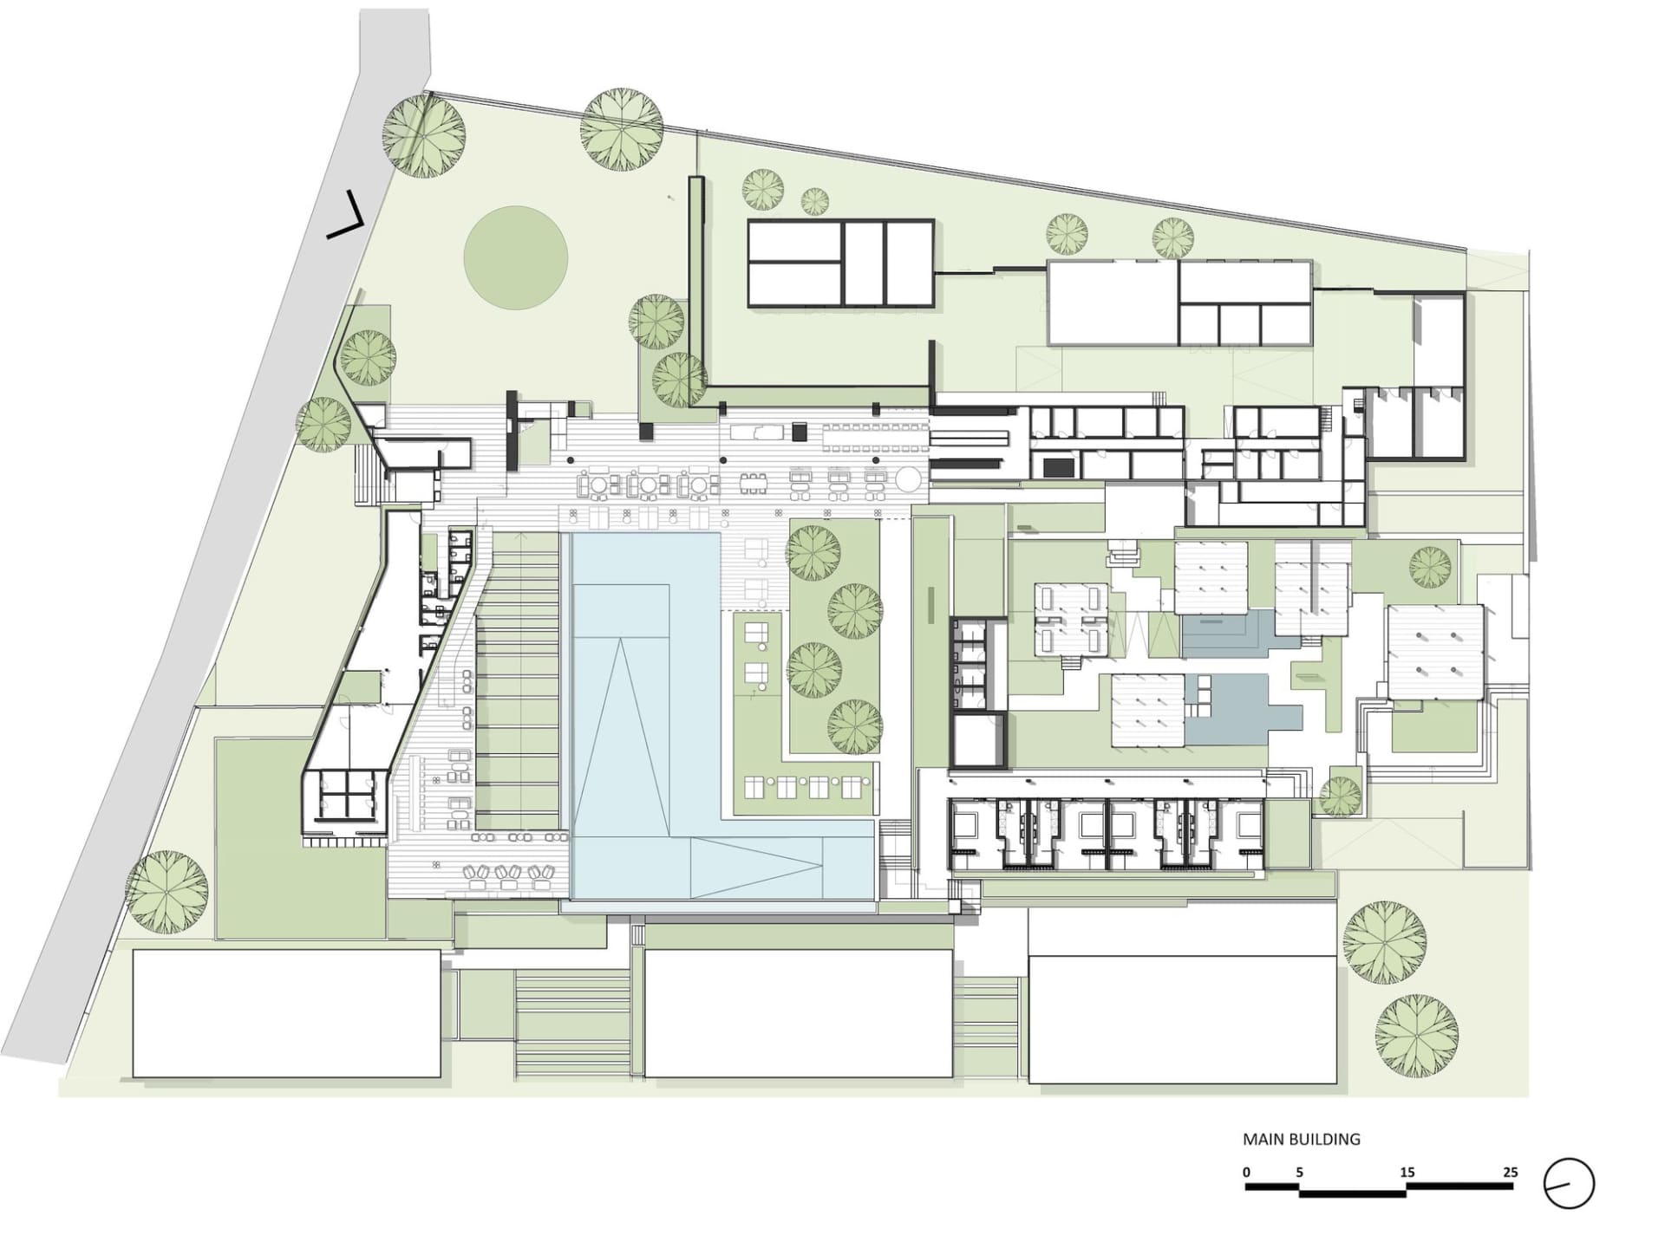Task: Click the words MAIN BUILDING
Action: [x=1302, y=1139]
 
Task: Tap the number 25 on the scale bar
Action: [x=1511, y=1173]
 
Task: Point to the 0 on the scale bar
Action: [x=1247, y=1173]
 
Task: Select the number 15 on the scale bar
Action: [x=1407, y=1173]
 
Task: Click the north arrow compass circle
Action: [x=1569, y=1183]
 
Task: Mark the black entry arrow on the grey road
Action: [x=345, y=217]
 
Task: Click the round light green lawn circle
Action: [x=515, y=257]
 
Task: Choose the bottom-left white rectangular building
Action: [x=286, y=1013]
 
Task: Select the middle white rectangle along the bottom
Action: [x=798, y=1013]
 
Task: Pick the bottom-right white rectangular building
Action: [x=1182, y=1018]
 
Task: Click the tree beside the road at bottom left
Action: [x=166, y=892]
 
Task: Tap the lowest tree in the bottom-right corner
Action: [x=1416, y=1036]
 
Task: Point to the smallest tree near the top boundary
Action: [x=814, y=201]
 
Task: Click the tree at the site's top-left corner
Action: [x=423, y=136]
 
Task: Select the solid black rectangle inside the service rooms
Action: [x=1059, y=468]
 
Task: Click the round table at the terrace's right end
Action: [x=909, y=478]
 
